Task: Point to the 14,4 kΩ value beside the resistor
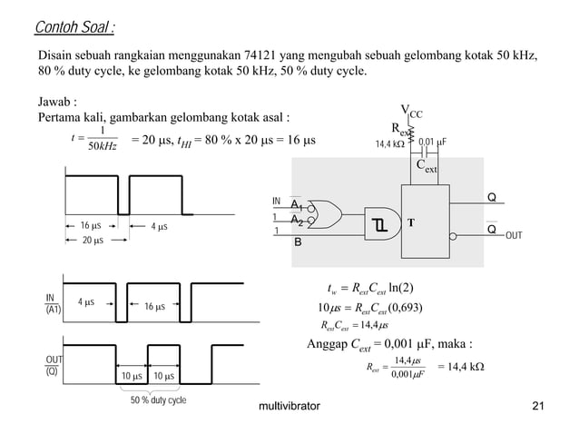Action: [390, 143]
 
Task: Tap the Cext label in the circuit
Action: [427, 166]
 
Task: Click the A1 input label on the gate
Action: [296, 205]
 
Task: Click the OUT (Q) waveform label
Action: [54, 366]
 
